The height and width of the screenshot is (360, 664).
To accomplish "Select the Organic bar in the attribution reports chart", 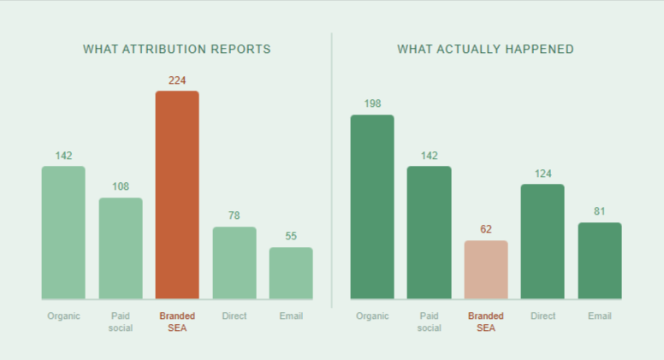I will tap(63, 233).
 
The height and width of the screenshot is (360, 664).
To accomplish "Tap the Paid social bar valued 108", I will tap(121, 249).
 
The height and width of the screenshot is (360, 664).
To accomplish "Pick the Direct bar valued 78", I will tap(234, 263).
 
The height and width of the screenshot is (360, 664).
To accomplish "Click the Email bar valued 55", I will tap(291, 274).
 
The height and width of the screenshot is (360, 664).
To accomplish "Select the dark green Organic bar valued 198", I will tap(372, 207).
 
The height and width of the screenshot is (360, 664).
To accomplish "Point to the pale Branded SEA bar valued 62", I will tap(486, 269).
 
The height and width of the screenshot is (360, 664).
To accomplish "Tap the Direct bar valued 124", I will tap(542, 242).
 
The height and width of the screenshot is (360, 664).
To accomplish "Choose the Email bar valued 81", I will tap(600, 261).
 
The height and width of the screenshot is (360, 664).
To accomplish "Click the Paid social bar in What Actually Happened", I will tap(429, 233).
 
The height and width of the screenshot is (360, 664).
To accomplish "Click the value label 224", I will tap(177, 80).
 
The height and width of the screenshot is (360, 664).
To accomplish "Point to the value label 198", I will tap(372, 104).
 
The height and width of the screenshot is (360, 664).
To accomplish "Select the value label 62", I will tap(486, 229).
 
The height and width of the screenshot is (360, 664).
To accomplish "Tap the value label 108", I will tap(121, 187).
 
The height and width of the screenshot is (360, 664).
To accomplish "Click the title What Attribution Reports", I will tap(177, 49).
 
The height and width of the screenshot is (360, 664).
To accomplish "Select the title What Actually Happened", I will tap(485, 49).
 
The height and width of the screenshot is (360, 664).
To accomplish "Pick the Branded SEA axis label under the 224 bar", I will tap(177, 322).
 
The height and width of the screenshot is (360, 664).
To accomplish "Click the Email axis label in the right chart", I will tap(600, 316).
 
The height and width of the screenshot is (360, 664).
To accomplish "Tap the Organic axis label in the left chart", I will tap(63, 316).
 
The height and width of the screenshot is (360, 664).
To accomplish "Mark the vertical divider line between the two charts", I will tap(332, 171).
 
